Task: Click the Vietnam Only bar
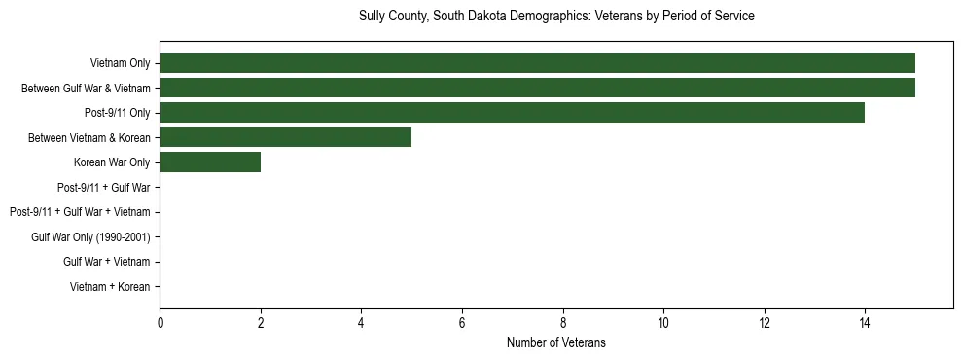pos(537,63)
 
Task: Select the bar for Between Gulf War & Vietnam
pos(537,88)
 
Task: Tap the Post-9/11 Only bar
pos(512,113)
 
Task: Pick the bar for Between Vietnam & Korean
pos(285,137)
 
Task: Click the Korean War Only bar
pos(210,162)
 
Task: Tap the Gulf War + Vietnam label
pos(106,262)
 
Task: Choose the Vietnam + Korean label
pos(110,287)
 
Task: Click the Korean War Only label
pos(112,162)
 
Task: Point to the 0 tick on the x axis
pos(160,323)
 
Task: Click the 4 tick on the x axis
pos(361,323)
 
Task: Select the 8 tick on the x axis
pos(562,323)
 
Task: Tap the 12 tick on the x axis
pos(764,323)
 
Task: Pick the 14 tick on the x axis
pos(865,323)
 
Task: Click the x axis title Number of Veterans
pos(555,342)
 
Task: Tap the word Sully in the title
pos(374,17)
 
